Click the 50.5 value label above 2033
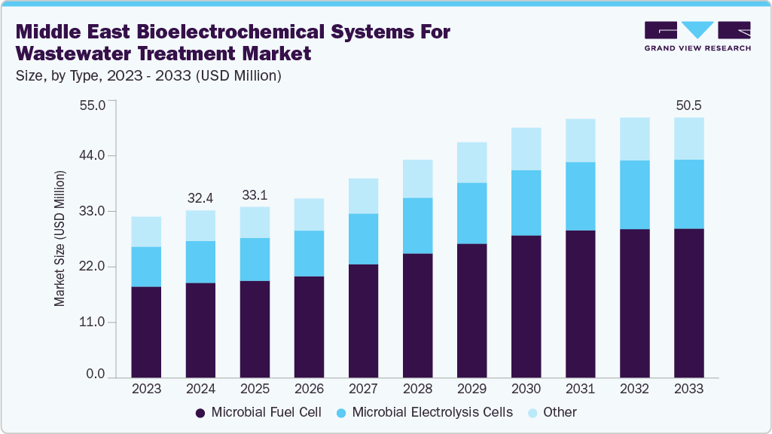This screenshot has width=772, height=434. pyautogui.click(x=688, y=105)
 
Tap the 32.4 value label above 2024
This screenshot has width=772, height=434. pyautogui.click(x=200, y=198)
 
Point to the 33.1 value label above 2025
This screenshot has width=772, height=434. pyautogui.click(x=255, y=195)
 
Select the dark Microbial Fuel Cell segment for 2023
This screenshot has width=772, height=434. pyautogui.click(x=146, y=332)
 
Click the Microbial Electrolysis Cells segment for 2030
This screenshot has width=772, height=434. pyautogui.click(x=526, y=203)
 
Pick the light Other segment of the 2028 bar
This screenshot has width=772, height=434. pyautogui.click(x=417, y=179)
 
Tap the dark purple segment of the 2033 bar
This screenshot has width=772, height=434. pyautogui.click(x=688, y=302)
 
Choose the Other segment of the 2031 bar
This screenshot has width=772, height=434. pyautogui.click(x=580, y=140)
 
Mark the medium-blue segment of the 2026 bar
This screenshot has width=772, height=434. pyautogui.click(x=309, y=253)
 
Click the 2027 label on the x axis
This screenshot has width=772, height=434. pyautogui.click(x=363, y=389)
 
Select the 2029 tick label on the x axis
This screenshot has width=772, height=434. pyautogui.click(x=471, y=389)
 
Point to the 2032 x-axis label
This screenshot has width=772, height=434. pyautogui.click(x=634, y=389)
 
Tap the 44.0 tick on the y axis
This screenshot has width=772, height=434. pyautogui.click(x=94, y=156)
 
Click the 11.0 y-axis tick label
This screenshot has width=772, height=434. pyautogui.click(x=94, y=322)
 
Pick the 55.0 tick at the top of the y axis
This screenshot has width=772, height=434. pyautogui.click(x=94, y=103)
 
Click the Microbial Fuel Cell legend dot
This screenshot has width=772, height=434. pyautogui.click(x=200, y=413)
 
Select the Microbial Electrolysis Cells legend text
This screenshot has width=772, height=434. pyautogui.click(x=432, y=412)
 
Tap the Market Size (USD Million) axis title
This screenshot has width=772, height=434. pyautogui.click(x=60, y=238)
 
